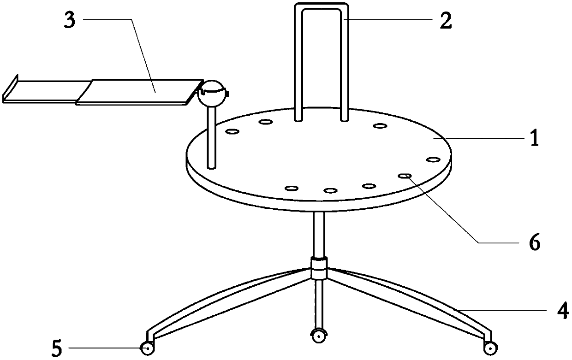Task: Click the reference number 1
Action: point(535,137)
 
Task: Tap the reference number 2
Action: point(446,20)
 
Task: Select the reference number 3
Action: point(70,20)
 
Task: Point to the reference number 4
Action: point(563,311)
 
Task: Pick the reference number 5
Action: point(56,348)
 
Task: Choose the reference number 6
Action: point(535,242)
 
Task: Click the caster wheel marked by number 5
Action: point(147,348)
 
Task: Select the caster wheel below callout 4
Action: point(490,348)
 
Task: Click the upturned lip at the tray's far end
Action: point(10,89)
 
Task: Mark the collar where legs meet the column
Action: point(319,269)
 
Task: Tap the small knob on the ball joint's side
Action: point(228,94)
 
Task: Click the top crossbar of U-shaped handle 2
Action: point(322,6)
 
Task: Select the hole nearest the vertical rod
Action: point(232,132)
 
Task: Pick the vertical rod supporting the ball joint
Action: point(212,138)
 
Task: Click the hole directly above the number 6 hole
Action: point(433,159)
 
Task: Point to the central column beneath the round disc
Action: point(319,235)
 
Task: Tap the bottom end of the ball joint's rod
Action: point(212,168)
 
